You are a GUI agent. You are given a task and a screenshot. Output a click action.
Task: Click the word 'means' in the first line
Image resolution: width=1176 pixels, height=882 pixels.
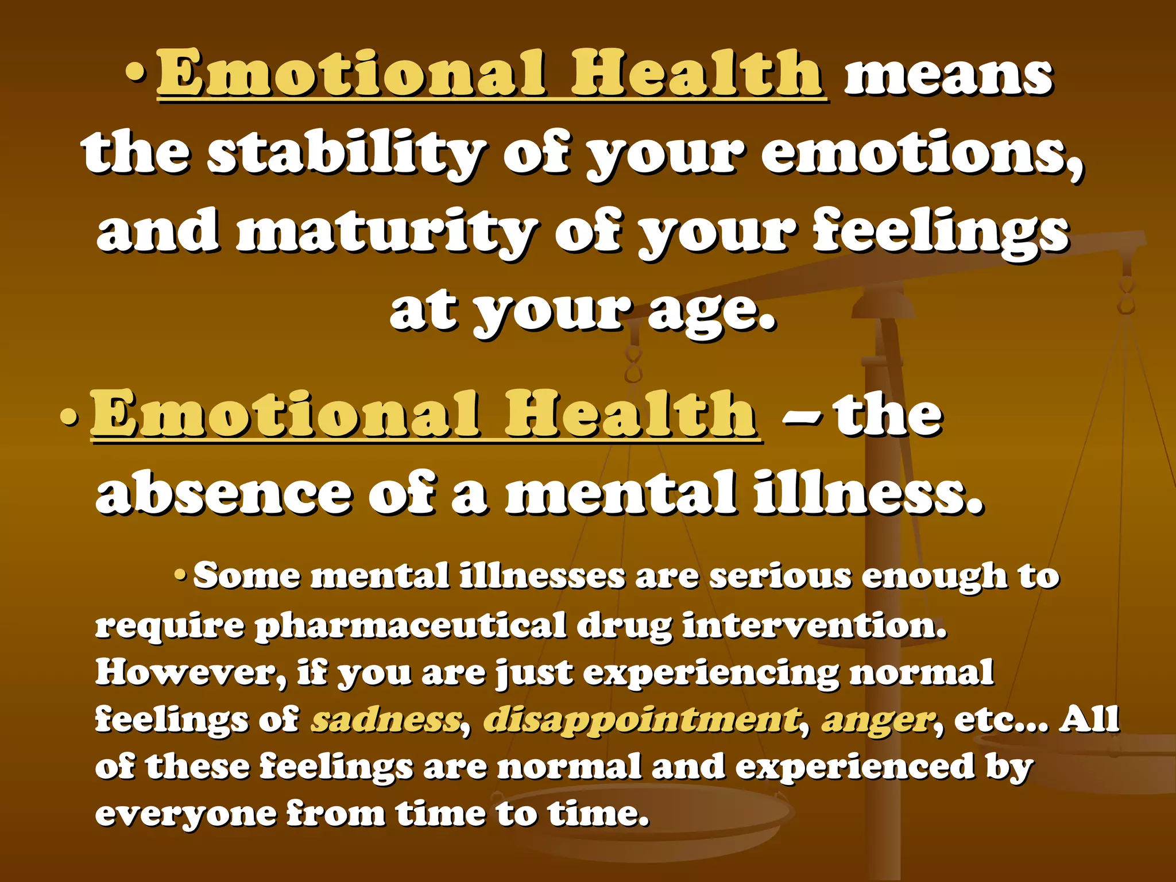tap(948, 78)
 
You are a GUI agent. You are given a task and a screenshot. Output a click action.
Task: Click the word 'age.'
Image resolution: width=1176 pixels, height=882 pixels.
tap(712, 312)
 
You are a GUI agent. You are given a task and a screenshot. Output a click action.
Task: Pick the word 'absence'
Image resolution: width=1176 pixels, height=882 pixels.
tap(224, 493)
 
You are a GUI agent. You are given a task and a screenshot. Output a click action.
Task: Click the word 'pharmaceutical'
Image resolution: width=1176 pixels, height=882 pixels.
tap(410, 626)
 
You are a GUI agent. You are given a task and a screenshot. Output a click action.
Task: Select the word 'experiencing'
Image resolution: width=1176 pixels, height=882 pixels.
tap(711, 673)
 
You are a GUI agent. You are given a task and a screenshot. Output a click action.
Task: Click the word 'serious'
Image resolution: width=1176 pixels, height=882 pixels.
tap(780, 575)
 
